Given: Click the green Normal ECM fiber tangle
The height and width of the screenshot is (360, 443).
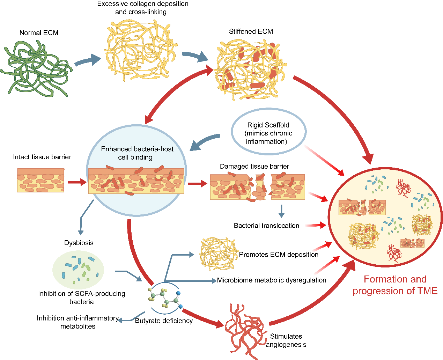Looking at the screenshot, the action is coord(36,69).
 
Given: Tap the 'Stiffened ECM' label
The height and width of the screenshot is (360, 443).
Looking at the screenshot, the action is coord(251,32).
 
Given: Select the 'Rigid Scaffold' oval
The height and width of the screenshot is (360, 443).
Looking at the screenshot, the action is coord(268,131).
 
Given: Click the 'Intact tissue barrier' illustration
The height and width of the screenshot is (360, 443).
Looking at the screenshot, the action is coord(41,180).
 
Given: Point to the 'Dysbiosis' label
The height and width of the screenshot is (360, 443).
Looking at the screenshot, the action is coord(79,243).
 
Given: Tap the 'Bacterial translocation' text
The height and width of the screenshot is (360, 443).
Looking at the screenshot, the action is coord(266,226).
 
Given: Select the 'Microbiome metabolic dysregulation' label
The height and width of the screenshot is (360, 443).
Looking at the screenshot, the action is coord(272,280).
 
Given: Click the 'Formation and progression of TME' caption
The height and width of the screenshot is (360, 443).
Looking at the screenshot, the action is coord(395,285).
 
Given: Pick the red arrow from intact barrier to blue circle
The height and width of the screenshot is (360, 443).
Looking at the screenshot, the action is coord(77,182).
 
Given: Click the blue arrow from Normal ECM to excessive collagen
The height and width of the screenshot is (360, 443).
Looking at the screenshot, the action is coord(88,60).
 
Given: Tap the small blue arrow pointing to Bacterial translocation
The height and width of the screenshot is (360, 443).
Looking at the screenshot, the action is coord(281,211).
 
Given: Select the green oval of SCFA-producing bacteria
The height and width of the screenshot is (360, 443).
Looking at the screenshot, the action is coord(78,270).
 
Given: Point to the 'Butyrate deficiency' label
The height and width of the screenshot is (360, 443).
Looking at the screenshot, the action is coord(164,321).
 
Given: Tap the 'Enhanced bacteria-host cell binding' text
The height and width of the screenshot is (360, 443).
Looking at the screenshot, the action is coord(137,153).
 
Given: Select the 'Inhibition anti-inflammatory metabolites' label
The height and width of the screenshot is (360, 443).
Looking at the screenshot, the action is coord(78,322).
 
